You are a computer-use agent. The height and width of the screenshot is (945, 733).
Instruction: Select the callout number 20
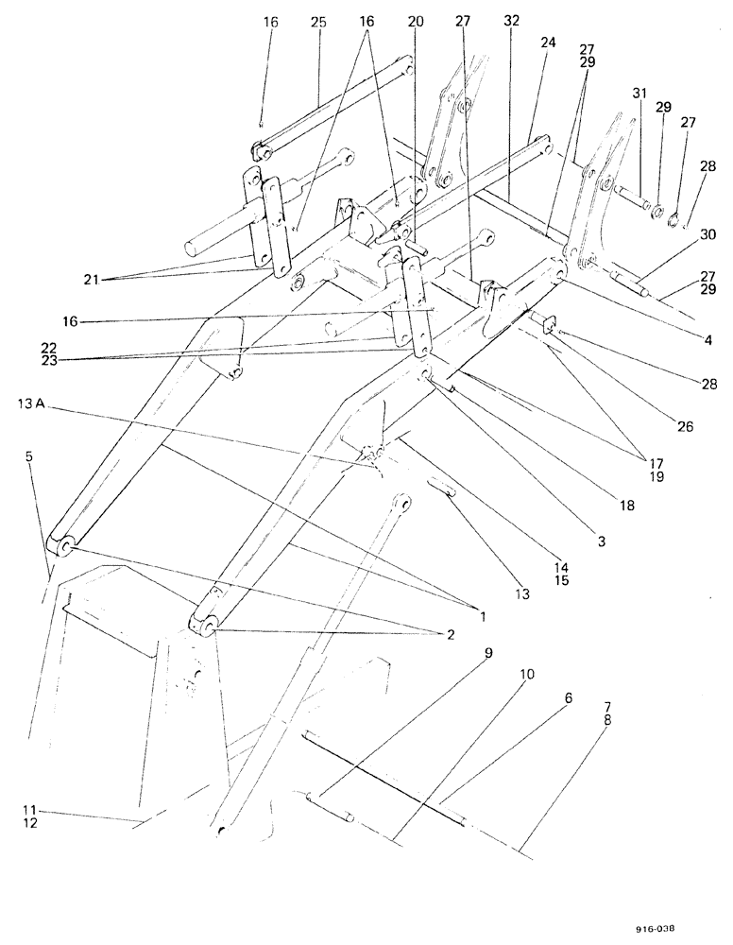point(416,21)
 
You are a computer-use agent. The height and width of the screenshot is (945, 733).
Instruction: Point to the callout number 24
point(549,43)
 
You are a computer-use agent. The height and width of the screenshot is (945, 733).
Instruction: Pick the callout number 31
point(640,93)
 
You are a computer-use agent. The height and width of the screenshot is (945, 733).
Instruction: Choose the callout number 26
point(686,427)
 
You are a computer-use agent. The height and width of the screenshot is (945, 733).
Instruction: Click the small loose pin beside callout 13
point(445,489)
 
